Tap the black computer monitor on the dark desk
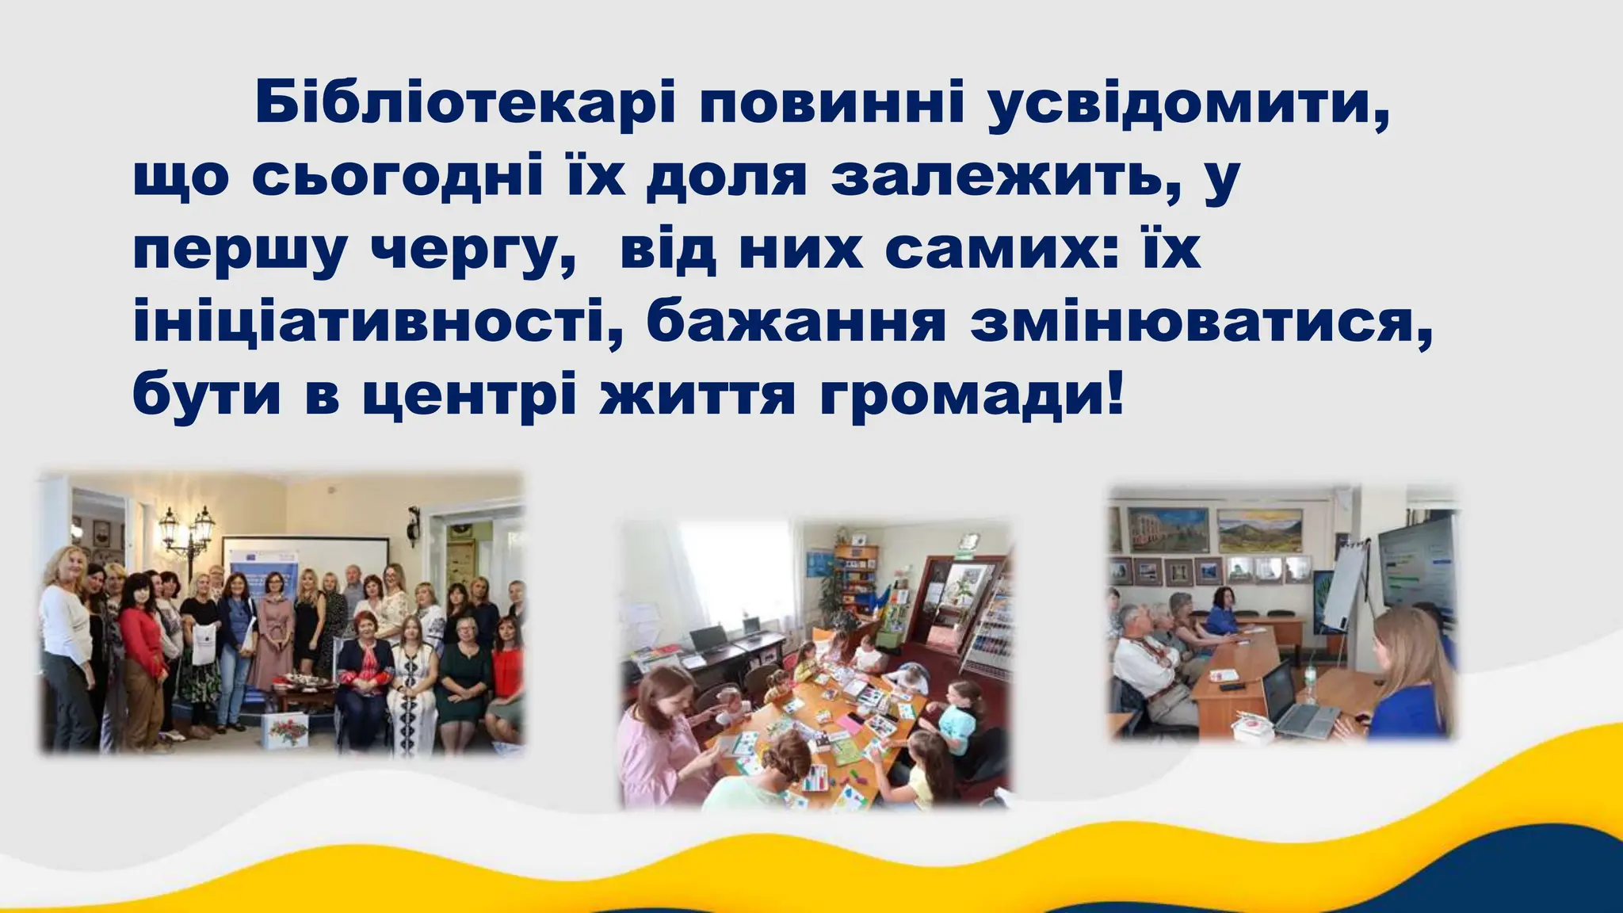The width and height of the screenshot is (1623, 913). point(708,638)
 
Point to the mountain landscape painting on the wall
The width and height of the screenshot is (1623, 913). point(1259,531)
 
